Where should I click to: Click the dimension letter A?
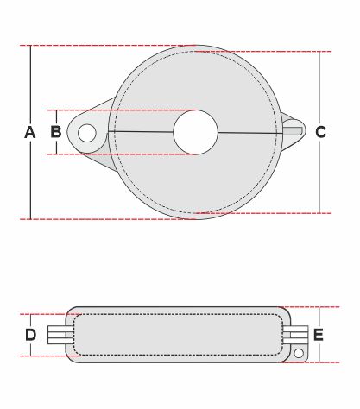tap(30, 132)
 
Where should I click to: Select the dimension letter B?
tap(56, 132)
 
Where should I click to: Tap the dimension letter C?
tap(320, 132)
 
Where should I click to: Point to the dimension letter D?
tap(31, 335)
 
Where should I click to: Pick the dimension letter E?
tap(319, 335)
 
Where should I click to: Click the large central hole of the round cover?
tap(196, 132)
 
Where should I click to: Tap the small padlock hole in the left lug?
tap(87, 133)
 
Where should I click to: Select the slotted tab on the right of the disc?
tap(294, 131)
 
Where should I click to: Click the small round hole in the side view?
tap(299, 353)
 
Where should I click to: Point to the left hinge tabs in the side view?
tap(60, 335)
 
